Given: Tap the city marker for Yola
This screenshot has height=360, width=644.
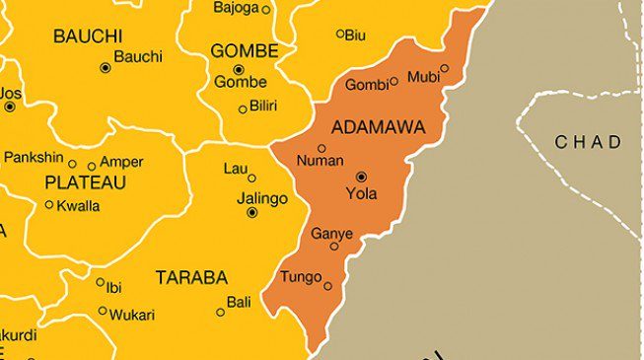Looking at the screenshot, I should (360, 176).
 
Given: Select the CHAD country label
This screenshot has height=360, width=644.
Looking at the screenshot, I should (589, 142).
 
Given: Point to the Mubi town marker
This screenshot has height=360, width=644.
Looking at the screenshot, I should (444, 69).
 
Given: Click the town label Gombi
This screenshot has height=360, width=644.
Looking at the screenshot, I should (366, 85).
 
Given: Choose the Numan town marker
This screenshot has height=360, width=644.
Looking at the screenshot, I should (322, 149).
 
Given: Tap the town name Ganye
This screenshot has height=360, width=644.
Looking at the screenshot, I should (331, 234).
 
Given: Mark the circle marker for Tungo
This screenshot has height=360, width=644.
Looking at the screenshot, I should (328, 286).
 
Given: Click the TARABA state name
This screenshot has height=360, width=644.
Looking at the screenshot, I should (191, 278).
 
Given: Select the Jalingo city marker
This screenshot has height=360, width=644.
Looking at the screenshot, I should (251, 212).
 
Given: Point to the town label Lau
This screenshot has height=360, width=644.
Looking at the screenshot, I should (236, 169).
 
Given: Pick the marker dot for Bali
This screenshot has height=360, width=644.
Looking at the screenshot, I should (220, 312).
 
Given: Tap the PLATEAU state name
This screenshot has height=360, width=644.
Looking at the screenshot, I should (85, 182).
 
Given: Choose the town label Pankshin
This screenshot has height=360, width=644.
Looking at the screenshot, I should (34, 158).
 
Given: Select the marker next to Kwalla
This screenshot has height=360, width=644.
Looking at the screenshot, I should (49, 205).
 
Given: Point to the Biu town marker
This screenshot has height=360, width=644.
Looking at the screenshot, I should (340, 34).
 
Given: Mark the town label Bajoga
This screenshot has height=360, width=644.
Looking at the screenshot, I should (236, 8).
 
